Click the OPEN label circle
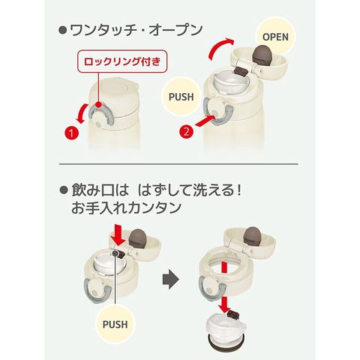[x=275, y=37]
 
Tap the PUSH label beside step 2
[x=181, y=97]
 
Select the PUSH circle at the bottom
[x=115, y=324]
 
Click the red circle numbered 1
[x=71, y=133]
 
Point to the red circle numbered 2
[x=187, y=131]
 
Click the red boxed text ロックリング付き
[x=121, y=61]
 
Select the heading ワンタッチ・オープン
[x=136, y=30]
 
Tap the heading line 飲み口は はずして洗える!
[x=157, y=190]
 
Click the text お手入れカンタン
[x=126, y=208]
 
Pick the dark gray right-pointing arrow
[x=171, y=279]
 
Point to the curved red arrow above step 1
[x=82, y=115]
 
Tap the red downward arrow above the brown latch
[x=118, y=235]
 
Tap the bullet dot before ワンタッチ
[x=63, y=31]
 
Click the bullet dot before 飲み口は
[x=64, y=190]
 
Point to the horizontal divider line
[x=178, y=164]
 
